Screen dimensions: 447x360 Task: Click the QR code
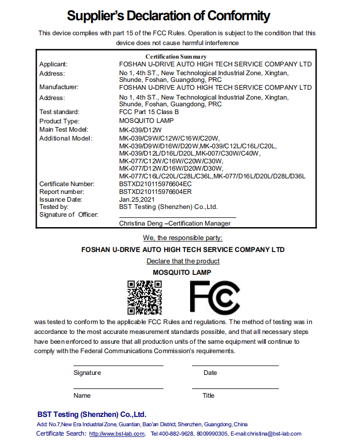click(x=145, y=297)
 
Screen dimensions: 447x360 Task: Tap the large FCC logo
click(x=214, y=297)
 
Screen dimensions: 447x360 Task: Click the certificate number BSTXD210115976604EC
click(x=155, y=184)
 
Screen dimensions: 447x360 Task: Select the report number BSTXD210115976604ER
click(x=155, y=192)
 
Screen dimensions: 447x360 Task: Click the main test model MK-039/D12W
click(x=140, y=130)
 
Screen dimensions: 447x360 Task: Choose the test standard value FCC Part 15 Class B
click(x=149, y=112)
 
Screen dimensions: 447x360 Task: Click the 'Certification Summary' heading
click(x=176, y=57)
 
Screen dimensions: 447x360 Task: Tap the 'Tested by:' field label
click(x=54, y=207)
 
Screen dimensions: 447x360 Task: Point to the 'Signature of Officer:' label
click(x=68, y=215)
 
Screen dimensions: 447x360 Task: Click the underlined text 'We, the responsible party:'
click(x=183, y=238)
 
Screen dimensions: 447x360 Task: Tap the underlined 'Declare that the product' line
click(x=183, y=261)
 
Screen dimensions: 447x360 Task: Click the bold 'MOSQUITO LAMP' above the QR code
click(x=182, y=272)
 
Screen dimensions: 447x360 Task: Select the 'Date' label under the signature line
click(x=210, y=373)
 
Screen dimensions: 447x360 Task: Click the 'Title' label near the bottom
click(x=208, y=396)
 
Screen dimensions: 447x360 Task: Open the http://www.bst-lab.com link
click(x=117, y=434)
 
